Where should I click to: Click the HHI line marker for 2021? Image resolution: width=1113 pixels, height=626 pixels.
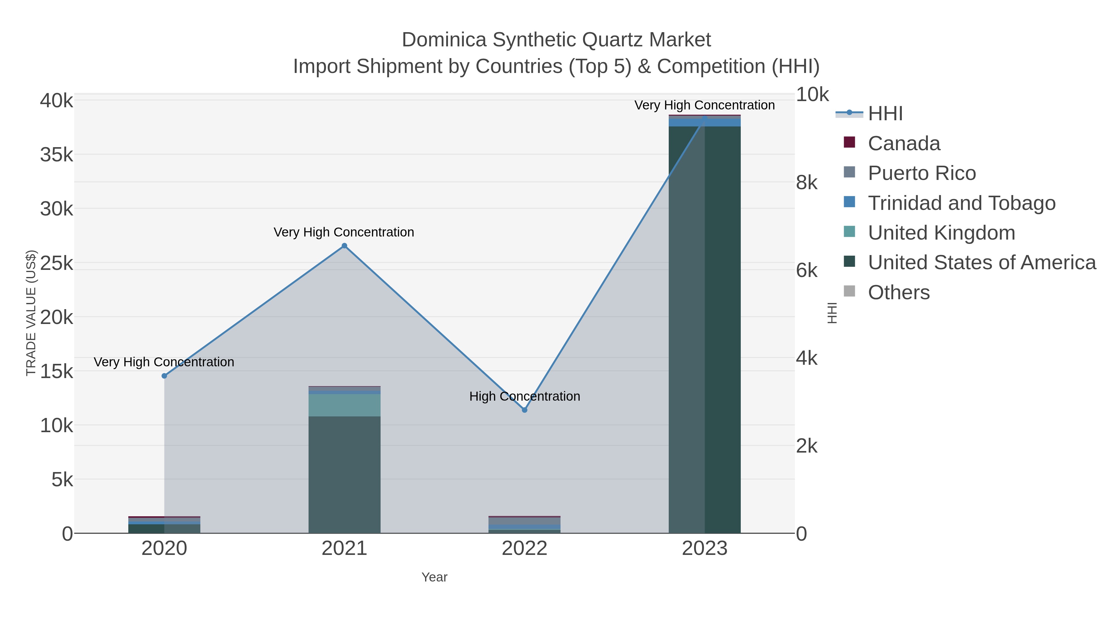tap(344, 246)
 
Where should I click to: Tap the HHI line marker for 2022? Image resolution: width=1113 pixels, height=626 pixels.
tap(525, 410)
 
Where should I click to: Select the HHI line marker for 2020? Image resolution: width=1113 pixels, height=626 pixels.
tap(164, 376)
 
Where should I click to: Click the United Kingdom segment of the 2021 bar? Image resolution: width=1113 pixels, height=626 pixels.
tap(344, 405)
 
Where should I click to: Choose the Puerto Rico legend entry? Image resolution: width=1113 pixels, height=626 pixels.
tap(922, 173)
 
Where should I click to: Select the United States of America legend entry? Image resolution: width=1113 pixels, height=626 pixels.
tap(982, 263)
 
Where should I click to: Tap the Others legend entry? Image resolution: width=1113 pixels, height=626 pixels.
tap(899, 292)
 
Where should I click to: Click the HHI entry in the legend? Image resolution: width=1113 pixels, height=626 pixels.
tap(885, 114)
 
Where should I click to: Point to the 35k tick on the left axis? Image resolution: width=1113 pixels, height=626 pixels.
tap(57, 155)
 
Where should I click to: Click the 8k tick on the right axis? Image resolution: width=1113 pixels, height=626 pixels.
tap(807, 183)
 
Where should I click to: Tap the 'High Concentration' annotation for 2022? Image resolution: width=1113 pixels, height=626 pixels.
tap(525, 396)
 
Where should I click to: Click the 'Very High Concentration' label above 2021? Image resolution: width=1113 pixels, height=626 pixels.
tap(344, 232)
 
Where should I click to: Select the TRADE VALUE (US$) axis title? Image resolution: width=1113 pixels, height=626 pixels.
tap(31, 313)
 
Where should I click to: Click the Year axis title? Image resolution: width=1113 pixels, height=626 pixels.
tap(434, 577)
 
